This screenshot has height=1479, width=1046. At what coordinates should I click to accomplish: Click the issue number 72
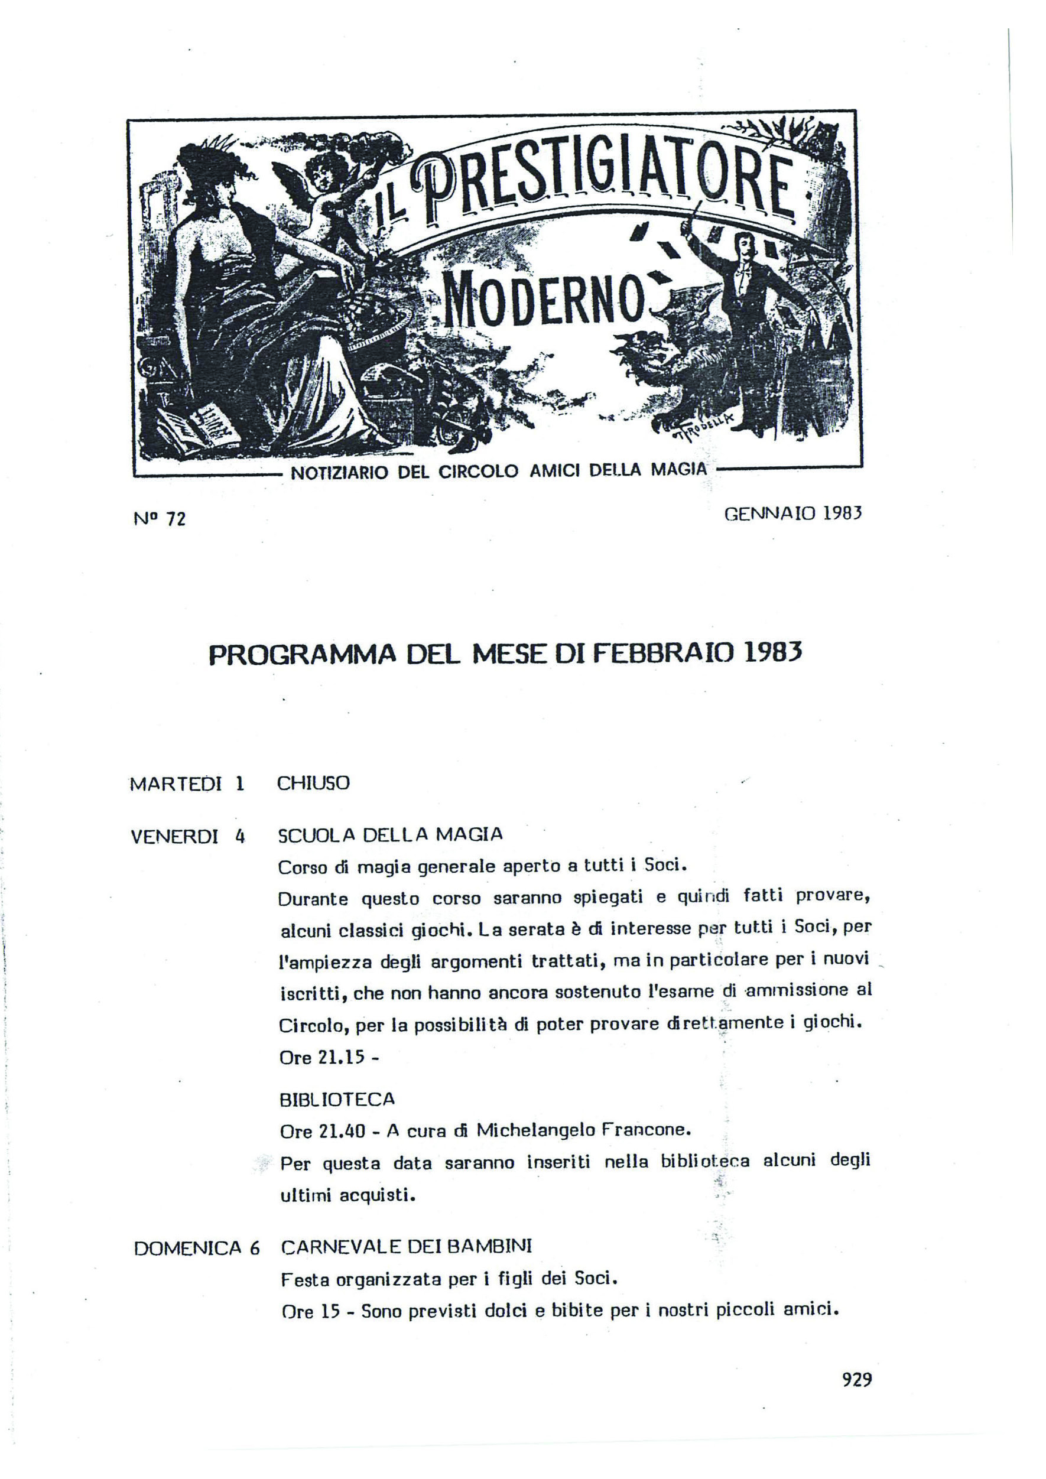point(176,519)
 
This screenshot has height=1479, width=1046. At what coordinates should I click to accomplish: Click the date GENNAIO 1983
point(793,513)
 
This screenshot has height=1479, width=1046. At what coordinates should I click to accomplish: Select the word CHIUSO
point(314,784)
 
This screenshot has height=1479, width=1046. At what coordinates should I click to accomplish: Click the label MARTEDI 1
point(187,784)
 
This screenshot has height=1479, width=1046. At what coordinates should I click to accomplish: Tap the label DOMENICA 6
point(196,1249)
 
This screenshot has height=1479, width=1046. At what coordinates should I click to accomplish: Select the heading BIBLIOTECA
point(337,1099)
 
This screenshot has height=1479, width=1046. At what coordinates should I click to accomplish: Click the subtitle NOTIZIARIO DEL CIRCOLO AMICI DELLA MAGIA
point(499,471)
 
